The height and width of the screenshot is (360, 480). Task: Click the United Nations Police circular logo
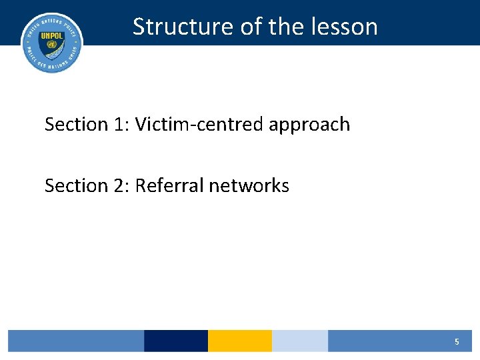(x=52, y=42)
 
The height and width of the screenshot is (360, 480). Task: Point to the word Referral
(x=169, y=185)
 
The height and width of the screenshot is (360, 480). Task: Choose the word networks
(x=249, y=185)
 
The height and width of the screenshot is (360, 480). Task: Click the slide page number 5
(x=457, y=341)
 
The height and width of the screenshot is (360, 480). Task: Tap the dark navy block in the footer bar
(x=176, y=341)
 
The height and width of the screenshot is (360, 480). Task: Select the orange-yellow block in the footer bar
(x=240, y=341)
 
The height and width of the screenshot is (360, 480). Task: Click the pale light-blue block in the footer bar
(x=300, y=341)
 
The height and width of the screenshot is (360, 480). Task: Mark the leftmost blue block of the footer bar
(x=75, y=341)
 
